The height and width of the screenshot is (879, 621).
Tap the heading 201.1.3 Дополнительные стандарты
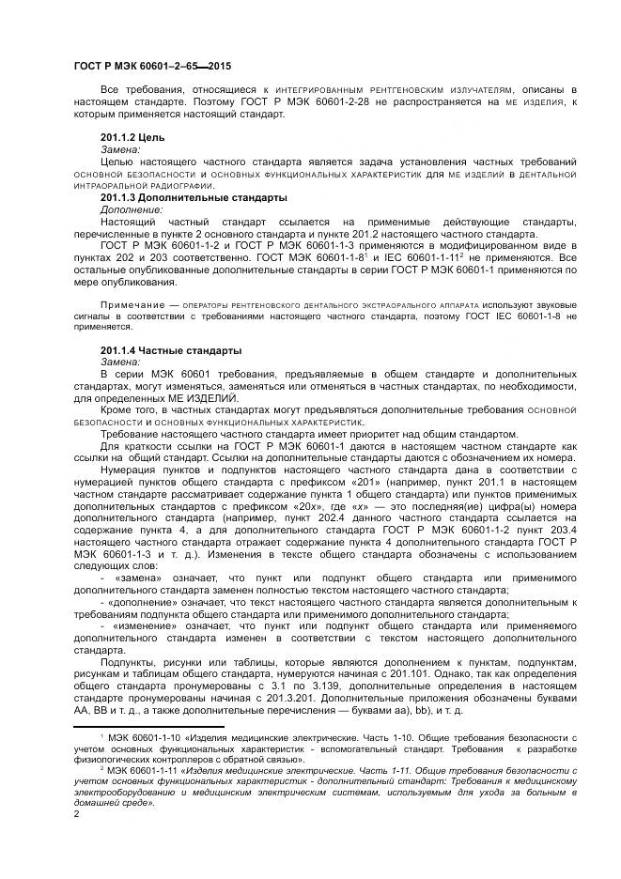(x=194, y=198)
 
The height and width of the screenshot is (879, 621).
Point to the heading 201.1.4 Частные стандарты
(x=170, y=350)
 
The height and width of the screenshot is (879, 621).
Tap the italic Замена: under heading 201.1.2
(x=120, y=149)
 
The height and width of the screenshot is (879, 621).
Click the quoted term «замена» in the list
(x=139, y=578)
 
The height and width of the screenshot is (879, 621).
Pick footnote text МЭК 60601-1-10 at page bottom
(x=140, y=739)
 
